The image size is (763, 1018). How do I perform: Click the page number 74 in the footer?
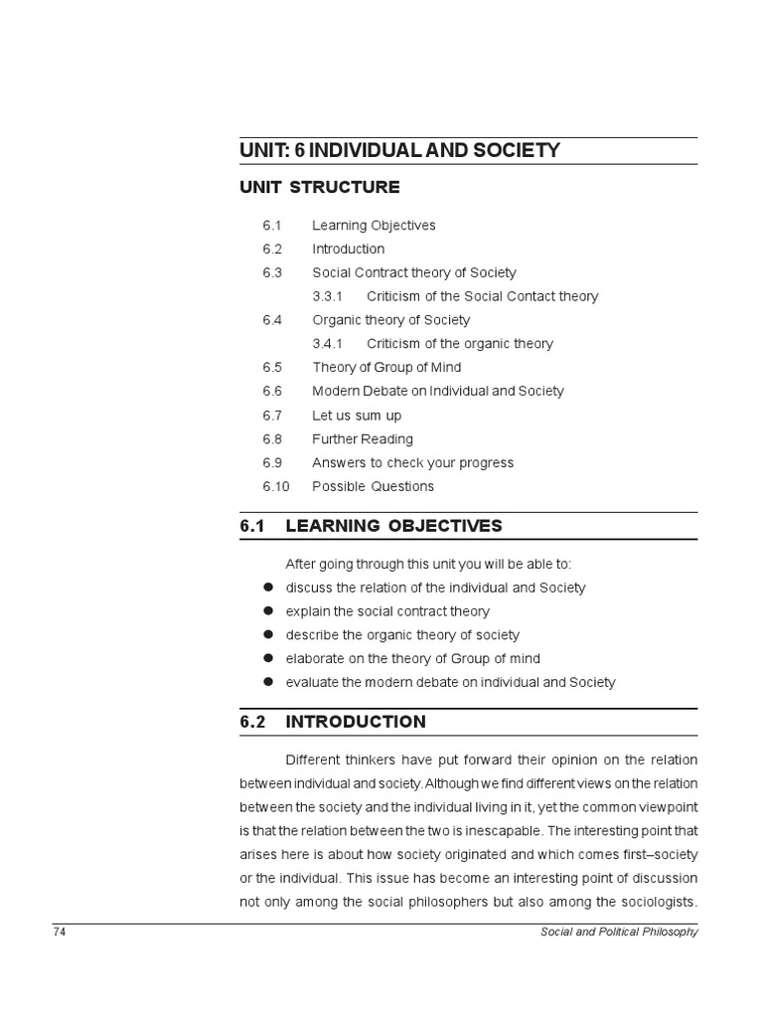tap(59, 932)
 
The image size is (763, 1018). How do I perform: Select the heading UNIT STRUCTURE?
tap(320, 187)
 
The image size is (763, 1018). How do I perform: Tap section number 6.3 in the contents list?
tap(272, 272)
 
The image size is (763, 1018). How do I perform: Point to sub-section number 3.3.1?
tap(327, 296)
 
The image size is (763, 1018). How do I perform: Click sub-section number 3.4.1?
tap(327, 344)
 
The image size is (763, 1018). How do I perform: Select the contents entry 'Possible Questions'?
tap(373, 487)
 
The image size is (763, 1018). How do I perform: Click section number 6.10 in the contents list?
tap(276, 487)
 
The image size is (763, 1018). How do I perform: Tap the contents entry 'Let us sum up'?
tap(357, 416)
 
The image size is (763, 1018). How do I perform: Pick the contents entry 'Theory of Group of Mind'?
tap(386, 368)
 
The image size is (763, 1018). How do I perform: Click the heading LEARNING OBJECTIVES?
tap(393, 526)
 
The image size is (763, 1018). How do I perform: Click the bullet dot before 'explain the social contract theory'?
tap(267, 611)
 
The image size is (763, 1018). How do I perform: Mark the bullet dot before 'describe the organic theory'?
tap(267, 635)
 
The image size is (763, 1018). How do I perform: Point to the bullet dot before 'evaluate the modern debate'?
tap(267, 682)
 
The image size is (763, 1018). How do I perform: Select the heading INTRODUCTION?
tap(356, 723)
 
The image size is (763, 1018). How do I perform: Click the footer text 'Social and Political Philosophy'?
tap(619, 932)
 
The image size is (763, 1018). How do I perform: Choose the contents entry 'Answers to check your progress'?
tap(412, 463)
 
